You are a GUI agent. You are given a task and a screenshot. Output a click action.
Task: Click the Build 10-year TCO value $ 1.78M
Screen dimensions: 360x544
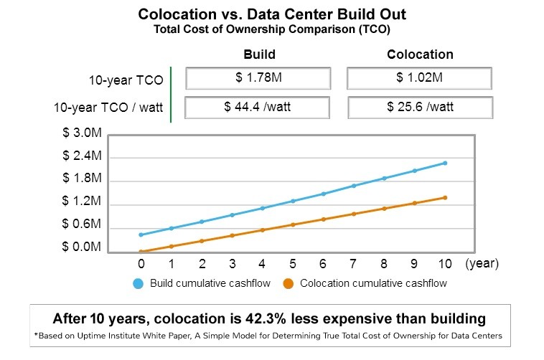click(x=258, y=78)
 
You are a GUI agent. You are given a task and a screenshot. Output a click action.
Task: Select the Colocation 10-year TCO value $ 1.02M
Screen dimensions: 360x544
click(x=419, y=78)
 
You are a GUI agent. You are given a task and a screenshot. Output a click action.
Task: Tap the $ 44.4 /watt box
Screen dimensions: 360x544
click(x=258, y=108)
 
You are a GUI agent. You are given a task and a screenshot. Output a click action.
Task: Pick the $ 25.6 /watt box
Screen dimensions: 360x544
click(x=419, y=108)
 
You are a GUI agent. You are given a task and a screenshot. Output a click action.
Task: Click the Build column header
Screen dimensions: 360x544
click(x=259, y=55)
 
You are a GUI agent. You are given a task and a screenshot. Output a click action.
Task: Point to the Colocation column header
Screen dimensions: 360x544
click(x=420, y=55)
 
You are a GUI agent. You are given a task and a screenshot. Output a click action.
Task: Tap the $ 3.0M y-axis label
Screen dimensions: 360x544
click(x=81, y=133)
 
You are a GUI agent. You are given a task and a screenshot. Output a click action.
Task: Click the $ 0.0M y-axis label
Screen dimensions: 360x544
click(x=81, y=247)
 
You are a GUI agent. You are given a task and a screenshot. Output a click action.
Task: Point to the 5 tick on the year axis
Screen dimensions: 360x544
click(x=293, y=263)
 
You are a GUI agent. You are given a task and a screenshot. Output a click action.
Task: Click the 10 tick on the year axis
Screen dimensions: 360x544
click(x=445, y=263)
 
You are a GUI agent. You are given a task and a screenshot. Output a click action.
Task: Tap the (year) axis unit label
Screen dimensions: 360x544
click(x=482, y=263)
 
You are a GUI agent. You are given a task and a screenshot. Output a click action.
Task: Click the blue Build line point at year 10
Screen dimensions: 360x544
click(x=445, y=163)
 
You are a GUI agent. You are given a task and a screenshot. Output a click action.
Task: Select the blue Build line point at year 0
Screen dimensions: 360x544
click(x=141, y=235)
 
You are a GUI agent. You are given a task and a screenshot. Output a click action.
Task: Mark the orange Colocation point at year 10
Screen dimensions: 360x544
click(x=445, y=197)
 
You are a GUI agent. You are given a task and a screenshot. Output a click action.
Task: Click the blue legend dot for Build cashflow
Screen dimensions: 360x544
click(x=139, y=283)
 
